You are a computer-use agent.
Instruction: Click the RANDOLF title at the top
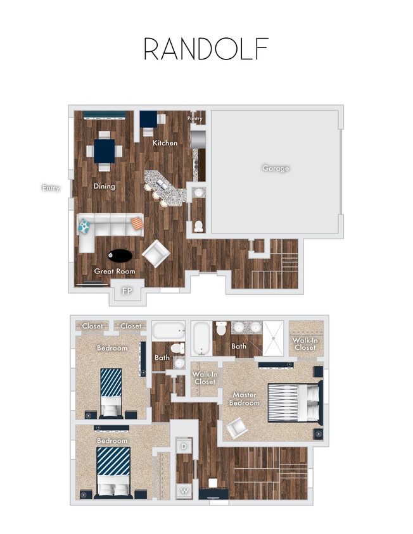[206, 49]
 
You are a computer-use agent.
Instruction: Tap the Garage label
[276, 168]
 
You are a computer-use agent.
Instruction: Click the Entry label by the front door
[51, 188]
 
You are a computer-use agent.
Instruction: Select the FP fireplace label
[127, 291]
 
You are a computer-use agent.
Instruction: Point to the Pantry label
[195, 118]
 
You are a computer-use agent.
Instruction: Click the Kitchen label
[165, 143]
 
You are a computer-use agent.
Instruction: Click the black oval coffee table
[120, 256]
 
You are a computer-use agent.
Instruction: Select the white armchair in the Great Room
[155, 254]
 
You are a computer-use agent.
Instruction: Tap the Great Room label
[115, 271]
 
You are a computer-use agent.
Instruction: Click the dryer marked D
[184, 447]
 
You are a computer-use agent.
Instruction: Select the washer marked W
[184, 490]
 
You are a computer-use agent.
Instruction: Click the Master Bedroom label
[245, 399]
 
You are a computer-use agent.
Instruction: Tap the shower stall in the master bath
[274, 338]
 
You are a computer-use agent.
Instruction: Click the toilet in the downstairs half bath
[198, 226]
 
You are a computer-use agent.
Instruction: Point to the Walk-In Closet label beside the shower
[305, 344]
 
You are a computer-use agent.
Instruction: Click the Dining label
[105, 186]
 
